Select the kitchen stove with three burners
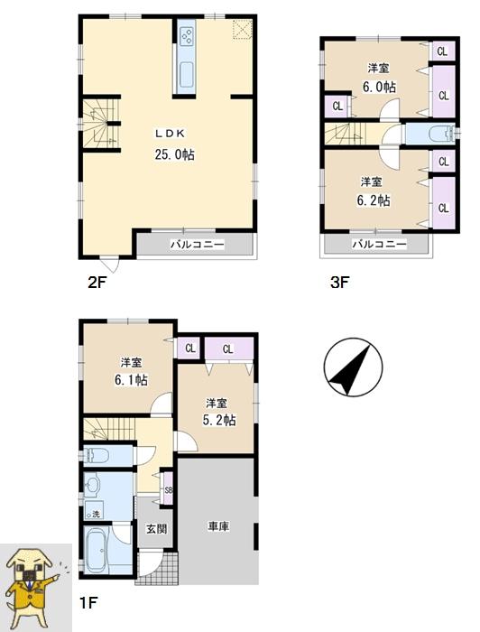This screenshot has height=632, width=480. (x=189, y=37)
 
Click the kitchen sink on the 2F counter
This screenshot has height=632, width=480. (x=188, y=73)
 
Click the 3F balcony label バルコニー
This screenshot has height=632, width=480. (x=378, y=245)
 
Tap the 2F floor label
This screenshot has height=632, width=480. (x=97, y=283)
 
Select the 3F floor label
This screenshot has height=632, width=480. (x=338, y=283)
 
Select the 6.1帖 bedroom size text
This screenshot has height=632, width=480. (x=131, y=380)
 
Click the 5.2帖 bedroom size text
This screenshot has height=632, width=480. (x=217, y=420)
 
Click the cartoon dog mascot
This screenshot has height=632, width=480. (x=34, y=586)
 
